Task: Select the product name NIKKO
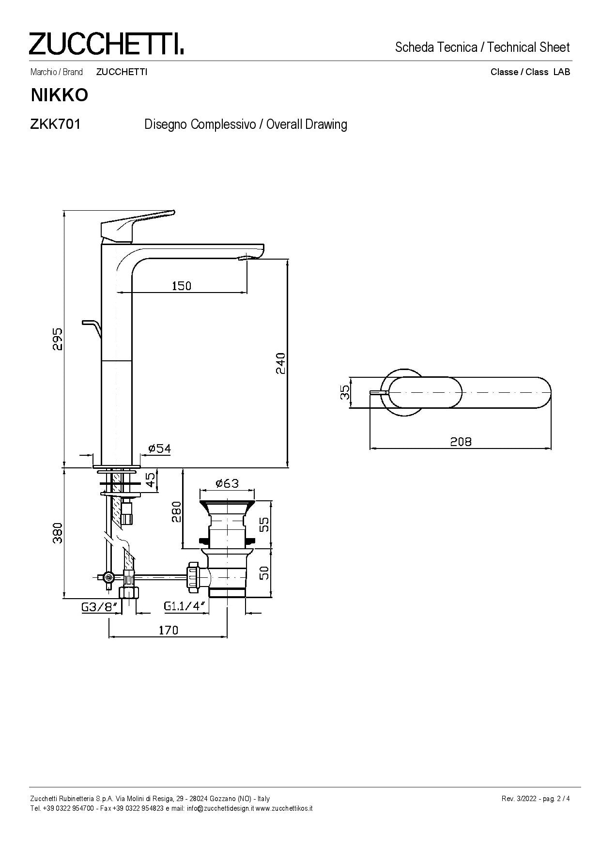(x=60, y=95)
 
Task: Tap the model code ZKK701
(x=55, y=124)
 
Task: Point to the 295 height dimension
(x=58, y=339)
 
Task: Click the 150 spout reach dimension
(x=182, y=286)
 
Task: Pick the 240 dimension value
(x=280, y=363)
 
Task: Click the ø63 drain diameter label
(x=227, y=483)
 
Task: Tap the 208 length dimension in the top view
(x=461, y=441)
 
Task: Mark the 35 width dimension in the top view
(x=344, y=392)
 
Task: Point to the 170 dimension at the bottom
(x=168, y=630)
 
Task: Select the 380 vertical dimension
(x=58, y=533)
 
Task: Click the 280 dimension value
(x=176, y=512)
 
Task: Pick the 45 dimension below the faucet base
(x=151, y=479)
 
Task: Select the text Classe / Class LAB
(x=530, y=72)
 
